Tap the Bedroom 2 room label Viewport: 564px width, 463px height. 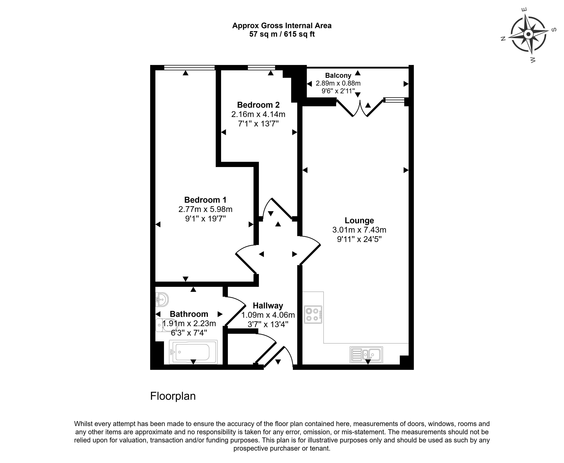[x=258, y=105]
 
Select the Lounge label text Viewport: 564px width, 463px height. [x=359, y=221]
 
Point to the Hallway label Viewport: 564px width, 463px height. [x=268, y=306]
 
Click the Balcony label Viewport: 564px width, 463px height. [x=338, y=76]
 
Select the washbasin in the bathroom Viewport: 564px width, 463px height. [x=162, y=300]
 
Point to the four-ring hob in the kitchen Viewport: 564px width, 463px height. [x=313, y=314]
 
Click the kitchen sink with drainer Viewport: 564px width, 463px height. [x=366, y=355]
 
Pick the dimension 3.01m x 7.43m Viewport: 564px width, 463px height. [x=359, y=230]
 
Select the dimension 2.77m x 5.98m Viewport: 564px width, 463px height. [x=205, y=209]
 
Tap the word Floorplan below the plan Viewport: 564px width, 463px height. [x=173, y=396]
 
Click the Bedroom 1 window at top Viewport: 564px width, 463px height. [x=189, y=68]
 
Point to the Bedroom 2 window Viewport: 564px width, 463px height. [x=261, y=68]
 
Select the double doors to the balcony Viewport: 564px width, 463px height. [x=360, y=108]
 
